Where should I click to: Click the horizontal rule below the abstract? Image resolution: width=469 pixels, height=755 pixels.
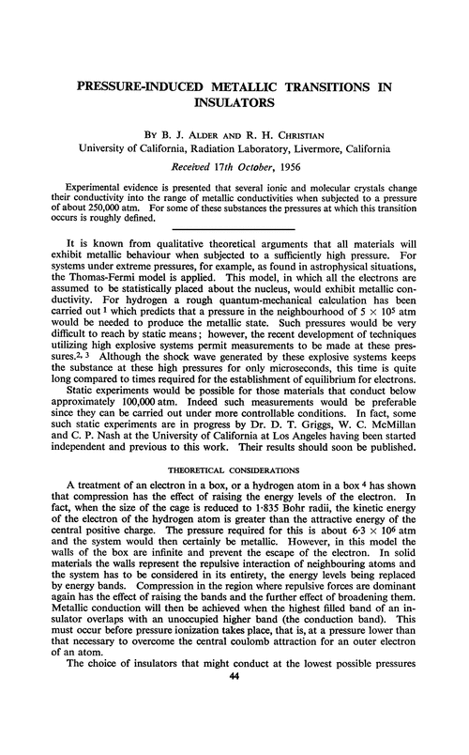[x=234, y=230]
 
